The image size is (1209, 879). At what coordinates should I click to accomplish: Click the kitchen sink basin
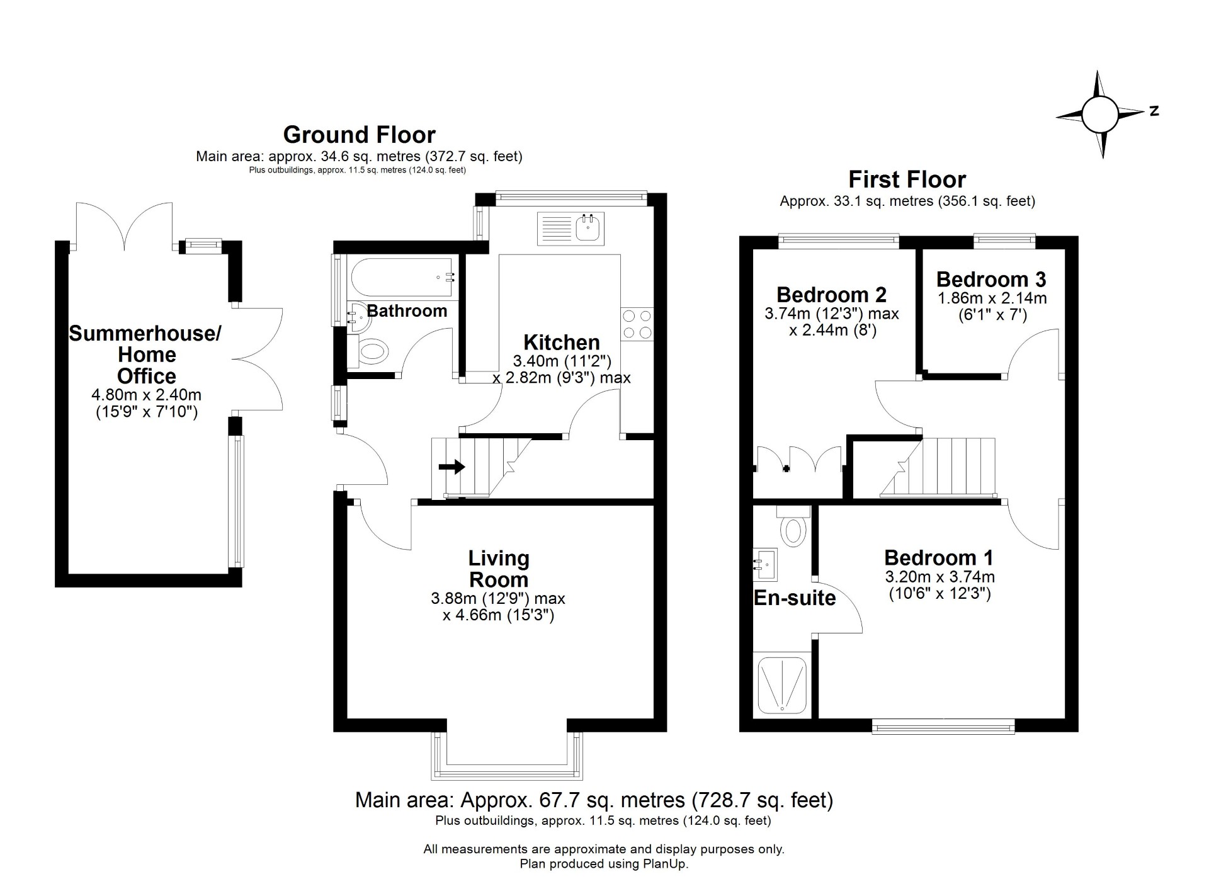point(589,228)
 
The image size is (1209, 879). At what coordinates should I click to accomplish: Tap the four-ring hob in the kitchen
point(636,324)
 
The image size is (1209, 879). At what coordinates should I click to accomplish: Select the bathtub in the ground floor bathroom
point(402,277)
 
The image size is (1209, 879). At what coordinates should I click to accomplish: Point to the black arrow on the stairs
point(451,467)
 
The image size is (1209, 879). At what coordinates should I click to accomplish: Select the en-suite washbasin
point(765,564)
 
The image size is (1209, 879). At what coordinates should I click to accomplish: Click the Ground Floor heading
point(359,135)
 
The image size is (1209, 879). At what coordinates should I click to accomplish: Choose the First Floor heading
point(907,179)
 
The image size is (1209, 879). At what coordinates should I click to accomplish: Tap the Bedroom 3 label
point(991,279)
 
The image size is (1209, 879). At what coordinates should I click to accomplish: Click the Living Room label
point(499,569)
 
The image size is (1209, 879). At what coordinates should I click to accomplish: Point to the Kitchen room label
point(562,343)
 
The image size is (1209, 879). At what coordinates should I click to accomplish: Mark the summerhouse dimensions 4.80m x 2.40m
point(147,395)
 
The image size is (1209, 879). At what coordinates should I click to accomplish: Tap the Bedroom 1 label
point(938,557)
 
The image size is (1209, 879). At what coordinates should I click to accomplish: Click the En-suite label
point(795,598)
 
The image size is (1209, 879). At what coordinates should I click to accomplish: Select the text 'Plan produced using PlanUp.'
point(604,864)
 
